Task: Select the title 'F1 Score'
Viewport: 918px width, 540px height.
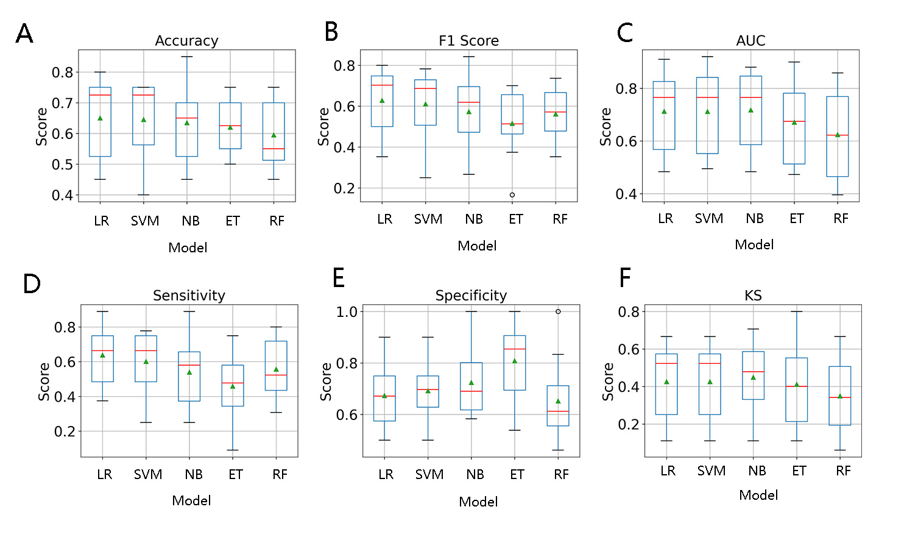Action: pyautogui.click(x=468, y=41)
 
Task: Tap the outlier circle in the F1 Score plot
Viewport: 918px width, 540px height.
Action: pyautogui.click(x=512, y=195)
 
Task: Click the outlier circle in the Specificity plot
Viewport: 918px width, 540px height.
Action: pyautogui.click(x=558, y=311)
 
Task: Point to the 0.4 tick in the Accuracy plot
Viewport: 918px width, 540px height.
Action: pyautogui.click(x=62, y=195)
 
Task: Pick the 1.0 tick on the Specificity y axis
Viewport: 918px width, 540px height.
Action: pyautogui.click(x=347, y=311)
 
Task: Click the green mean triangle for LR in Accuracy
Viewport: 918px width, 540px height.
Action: pyautogui.click(x=100, y=118)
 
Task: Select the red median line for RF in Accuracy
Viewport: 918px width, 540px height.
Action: pyautogui.click(x=274, y=149)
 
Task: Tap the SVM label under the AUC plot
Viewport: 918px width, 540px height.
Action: pyautogui.click(x=709, y=219)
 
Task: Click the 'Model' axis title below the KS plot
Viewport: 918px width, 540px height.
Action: pyautogui.click(x=758, y=495)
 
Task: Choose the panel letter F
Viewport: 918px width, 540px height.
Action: pyautogui.click(x=625, y=278)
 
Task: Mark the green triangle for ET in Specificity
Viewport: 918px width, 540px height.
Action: pyautogui.click(x=515, y=361)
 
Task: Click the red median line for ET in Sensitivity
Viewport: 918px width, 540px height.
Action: pyautogui.click(x=233, y=383)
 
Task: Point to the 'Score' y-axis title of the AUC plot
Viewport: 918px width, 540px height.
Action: pyautogui.click(x=606, y=127)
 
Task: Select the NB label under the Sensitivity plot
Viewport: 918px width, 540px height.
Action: pyautogui.click(x=194, y=475)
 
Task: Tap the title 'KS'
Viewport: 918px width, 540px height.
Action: pyautogui.click(x=753, y=296)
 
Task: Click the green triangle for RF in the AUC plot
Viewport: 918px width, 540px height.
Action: pyautogui.click(x=838, y=135)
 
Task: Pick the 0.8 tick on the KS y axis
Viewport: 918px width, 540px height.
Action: pyautogui.click(x=629, y=311)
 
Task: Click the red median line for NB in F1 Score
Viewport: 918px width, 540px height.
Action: pyautogui.click(x=469, y=102)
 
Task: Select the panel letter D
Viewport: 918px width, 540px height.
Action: pyautogui.click(x=32, y=283)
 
